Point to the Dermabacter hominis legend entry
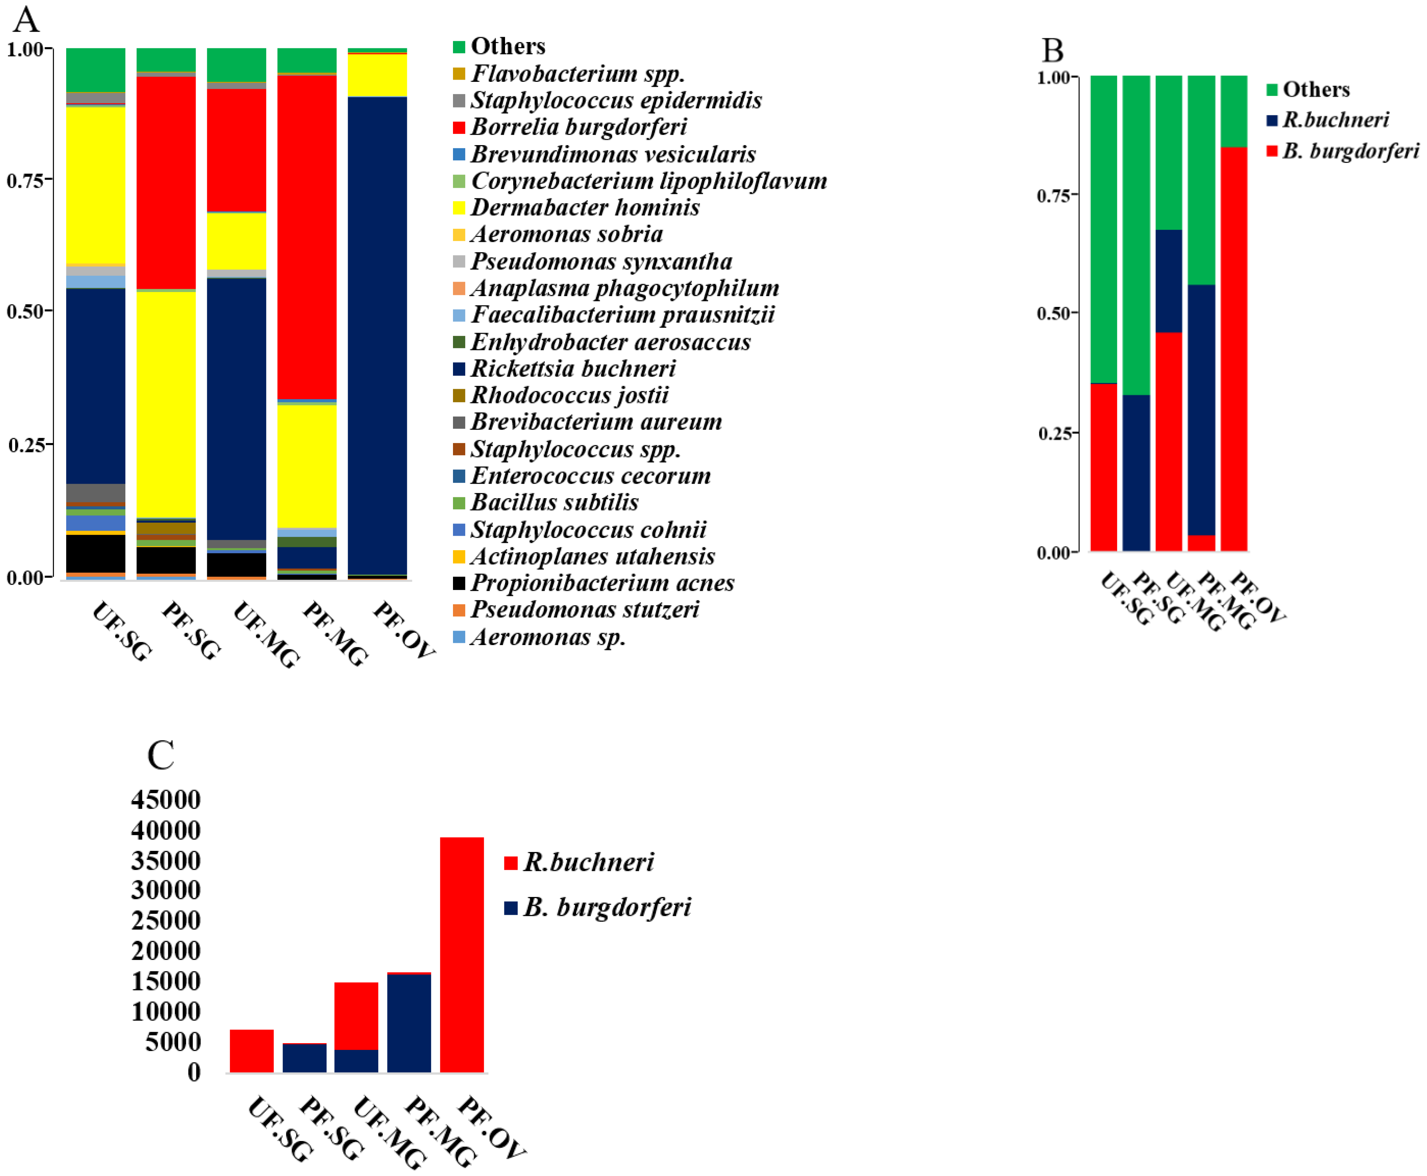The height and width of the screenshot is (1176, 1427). [585, 207]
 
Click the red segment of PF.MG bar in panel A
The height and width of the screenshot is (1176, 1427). [307, 237]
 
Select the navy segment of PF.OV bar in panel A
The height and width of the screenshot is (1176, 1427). [377, 335]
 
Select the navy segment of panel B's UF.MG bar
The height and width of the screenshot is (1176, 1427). [1168, 281]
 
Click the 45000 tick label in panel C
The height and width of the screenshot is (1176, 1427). [166, 800]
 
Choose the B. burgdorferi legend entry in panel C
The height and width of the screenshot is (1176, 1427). [606, 907]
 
